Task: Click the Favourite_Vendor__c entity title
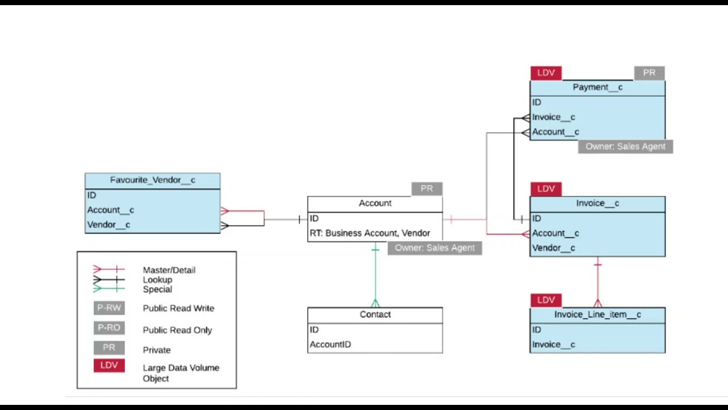(x=152, y=180)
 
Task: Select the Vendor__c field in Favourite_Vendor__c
(x=109, y=225)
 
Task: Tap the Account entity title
(x=375, y=203)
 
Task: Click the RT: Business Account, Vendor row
(x=370, y=233)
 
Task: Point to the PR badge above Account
(x=427, y=188)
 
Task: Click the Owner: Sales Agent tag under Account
(x=435, y=248)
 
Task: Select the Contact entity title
(x=375, y=314)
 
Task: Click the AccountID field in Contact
(x=330, y=345)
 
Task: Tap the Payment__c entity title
(x=597, y=87)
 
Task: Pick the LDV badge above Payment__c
(x=546, y=73)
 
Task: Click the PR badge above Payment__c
(x=649, y=73)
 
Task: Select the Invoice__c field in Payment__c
(x=553, y=117)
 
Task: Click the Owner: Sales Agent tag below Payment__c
(x=625, y=146)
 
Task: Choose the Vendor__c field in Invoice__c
(x=553, y=248)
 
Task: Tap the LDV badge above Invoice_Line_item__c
(x=546, y=300)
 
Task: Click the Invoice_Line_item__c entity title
(x=597, y=314)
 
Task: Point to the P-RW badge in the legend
(x=109, y=308)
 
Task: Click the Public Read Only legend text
(x=177, y=330)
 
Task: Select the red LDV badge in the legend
(x=109, y=366)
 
